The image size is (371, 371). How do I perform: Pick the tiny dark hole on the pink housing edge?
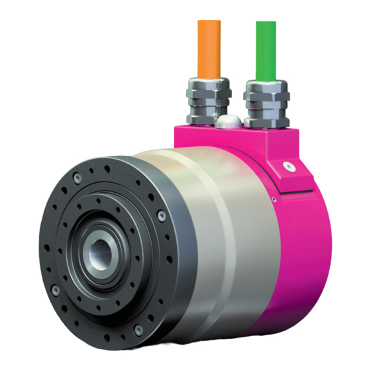272,197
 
